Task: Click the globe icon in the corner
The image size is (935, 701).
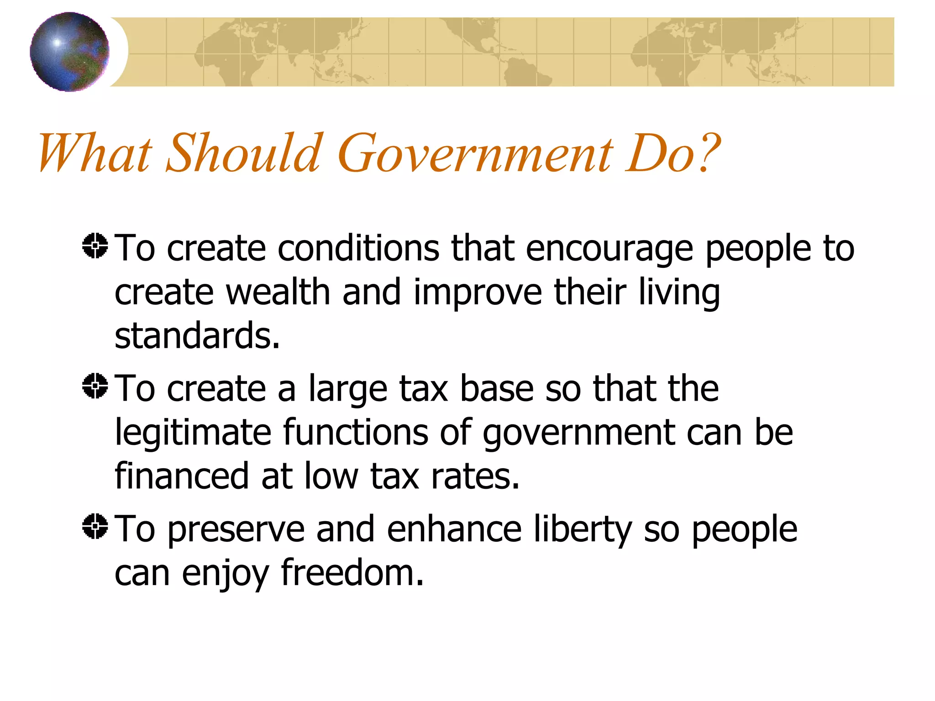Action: pos(69,52)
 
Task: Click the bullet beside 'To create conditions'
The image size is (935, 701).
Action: pos(95,246)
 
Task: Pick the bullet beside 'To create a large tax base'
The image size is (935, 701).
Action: pos(95,386)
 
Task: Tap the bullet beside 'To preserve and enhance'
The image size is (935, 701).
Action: pos(95,526)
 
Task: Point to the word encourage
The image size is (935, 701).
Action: pos(609,250)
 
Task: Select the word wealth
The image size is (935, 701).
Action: pos(278,293)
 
